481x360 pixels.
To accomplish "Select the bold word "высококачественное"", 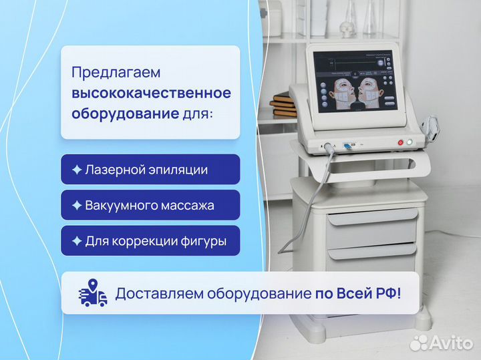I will (152, 92).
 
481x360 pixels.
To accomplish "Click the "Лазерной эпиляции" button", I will (150, 170).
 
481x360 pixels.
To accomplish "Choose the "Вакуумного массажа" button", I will (150, 205).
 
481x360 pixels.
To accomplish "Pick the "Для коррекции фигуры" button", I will (150, 241).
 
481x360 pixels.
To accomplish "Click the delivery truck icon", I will (94, 293).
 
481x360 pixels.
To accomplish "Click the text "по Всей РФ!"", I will (358, 293).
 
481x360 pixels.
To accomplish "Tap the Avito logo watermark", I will (441, 342).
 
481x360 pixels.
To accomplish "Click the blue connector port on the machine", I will (347, 144).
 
